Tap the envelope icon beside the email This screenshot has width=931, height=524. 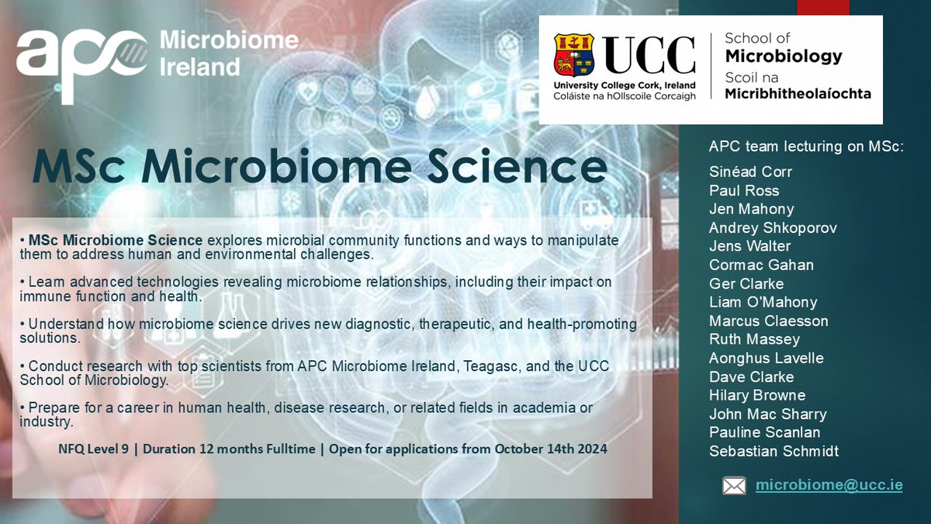(x=733, y=486)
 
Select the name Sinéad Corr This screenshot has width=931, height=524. (x=750, y=172)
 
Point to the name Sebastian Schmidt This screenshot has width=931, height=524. (x=774, y=451)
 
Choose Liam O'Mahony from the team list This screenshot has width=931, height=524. (x=763, y=302)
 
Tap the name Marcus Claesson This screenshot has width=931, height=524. (x=768, y=321)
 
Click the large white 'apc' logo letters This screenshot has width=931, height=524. (x=81, y=58)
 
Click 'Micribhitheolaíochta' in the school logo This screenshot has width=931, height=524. (x=798, y=93)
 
